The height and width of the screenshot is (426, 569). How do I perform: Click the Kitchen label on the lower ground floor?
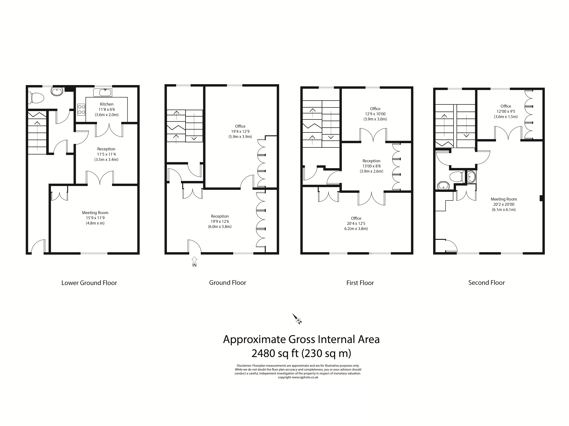[x=107, y=104]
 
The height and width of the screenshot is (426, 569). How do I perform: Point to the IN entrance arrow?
[x=195, y=259]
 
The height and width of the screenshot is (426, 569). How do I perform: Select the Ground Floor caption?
[x=227, y=283]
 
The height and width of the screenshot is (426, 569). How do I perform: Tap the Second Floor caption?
[x=486, y=283]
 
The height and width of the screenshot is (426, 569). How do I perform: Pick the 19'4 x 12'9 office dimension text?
[x=240, y=131]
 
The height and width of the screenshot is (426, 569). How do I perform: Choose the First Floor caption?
[x=360, y=283]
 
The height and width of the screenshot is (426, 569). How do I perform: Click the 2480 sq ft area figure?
[x=275, y=353]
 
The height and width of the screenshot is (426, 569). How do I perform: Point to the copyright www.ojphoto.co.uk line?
[x=298, y=377]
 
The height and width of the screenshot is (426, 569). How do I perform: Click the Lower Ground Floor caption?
[x=89, y=283]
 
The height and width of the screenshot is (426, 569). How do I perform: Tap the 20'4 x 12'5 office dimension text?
[x=356, y=223]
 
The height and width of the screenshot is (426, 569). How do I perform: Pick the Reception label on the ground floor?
[x=220, y=216]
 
